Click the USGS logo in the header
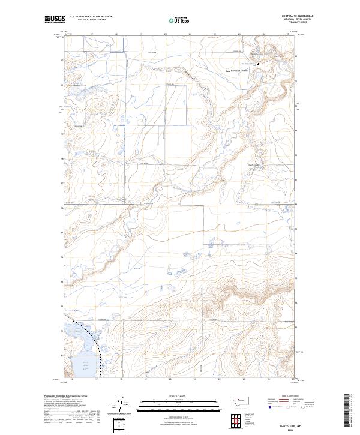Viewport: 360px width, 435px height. [x=55, y=20]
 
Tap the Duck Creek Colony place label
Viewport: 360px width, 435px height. [x=254, y=166]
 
